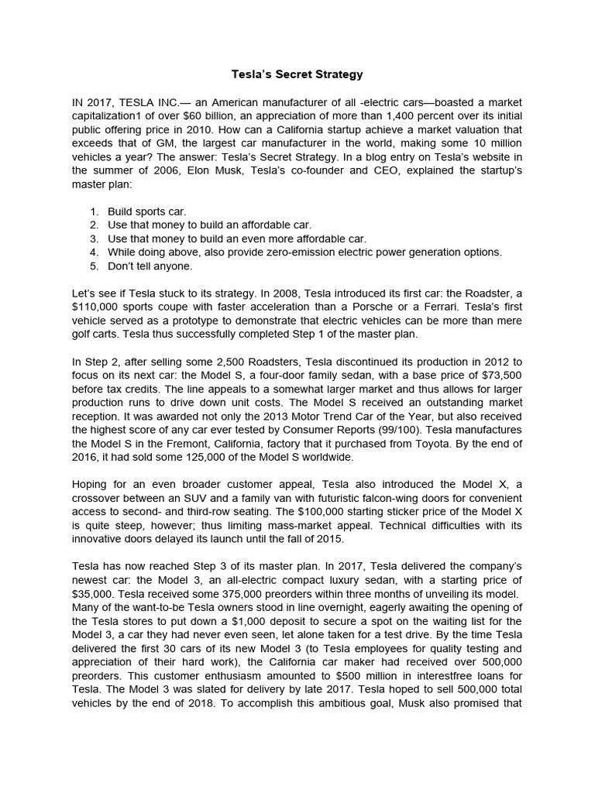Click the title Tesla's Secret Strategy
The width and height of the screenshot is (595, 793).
tap(297, 75)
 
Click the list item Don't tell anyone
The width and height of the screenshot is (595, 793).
tap(150, 266)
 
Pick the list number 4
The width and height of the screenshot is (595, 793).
tap(93, 252)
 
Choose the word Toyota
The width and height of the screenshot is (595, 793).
tap(445, 444)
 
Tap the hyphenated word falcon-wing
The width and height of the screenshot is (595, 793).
tap(380, 498)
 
